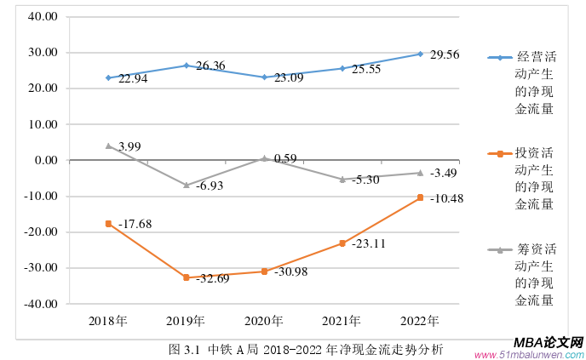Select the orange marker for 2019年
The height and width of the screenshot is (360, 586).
tap(186, 277)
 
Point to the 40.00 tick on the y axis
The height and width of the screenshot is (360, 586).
tap(42, 17)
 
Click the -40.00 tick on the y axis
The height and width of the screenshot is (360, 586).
tap(40, 304)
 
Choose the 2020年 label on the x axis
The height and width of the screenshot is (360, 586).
tap(264, 321)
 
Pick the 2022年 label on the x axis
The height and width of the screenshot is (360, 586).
tap(420, 321)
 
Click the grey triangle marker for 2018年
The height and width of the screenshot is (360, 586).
tap(108, 146)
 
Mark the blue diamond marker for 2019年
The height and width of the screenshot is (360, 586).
tap(186, 66)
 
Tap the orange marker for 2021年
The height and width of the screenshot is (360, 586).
tap(342, 243)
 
